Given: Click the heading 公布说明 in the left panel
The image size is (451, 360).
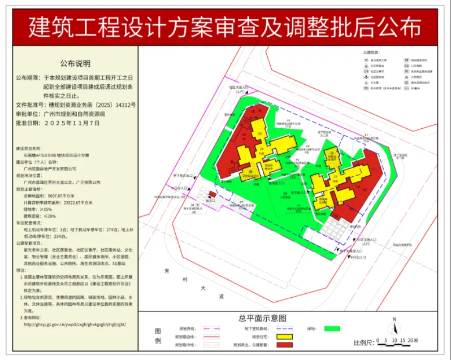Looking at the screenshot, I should (75, 63).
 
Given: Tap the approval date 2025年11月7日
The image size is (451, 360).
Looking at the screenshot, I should (72, 122).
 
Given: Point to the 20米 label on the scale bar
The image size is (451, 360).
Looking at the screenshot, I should (413, 340).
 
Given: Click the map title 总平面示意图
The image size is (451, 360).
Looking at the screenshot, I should (262, 318).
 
